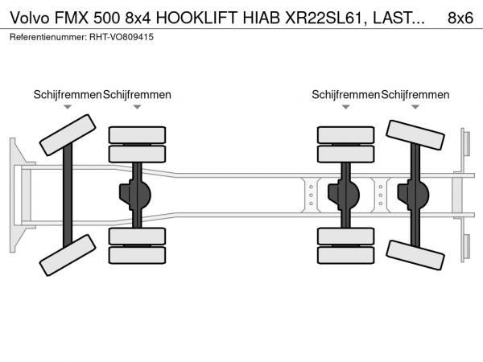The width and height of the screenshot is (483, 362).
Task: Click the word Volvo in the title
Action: coord(30,19)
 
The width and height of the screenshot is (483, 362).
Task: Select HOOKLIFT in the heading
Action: coord(197,19)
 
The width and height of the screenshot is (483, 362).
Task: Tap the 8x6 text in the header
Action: coord(460,19)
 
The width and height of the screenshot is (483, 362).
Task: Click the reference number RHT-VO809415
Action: coord(122,37)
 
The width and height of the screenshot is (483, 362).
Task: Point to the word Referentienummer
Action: coord(48,37)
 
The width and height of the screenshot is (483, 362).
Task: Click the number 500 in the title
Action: coord(106,19)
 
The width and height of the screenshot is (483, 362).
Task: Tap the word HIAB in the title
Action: coord(261,19)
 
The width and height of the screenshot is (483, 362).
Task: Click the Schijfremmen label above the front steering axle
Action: coord(68,95)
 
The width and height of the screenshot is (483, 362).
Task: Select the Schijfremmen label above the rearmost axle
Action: coord(415,95)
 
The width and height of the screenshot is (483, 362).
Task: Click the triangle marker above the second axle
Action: coord(137,107)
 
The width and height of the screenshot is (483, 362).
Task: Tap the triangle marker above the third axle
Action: coord(346,107)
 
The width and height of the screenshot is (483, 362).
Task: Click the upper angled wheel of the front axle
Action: coord(68,135)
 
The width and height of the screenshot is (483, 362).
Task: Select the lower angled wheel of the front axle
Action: coord(68,255)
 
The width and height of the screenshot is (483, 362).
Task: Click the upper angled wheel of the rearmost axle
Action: coord(415,135)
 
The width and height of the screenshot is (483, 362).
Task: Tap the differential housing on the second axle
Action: coord(135,195)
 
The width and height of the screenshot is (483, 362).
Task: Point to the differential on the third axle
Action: coord(344,195)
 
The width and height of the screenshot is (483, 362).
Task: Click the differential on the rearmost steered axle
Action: coord(414,195)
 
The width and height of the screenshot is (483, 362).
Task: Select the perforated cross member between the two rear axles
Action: coord(381,195)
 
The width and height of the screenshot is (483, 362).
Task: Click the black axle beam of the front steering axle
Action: coord(68,195)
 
